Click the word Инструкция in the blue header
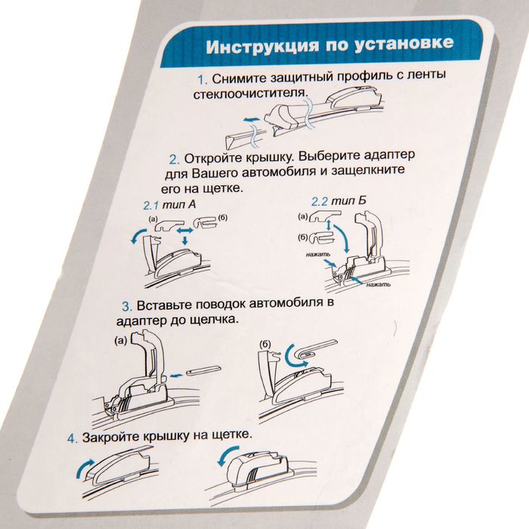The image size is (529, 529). click(262, 46)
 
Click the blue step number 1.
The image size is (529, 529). click(203, 80)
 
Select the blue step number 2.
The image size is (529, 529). click(175, 159)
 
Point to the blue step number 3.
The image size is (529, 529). click(127, 306)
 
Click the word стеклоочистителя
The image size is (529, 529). click(251, 94)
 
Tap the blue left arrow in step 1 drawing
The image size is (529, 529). click(252, 119)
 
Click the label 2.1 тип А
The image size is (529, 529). click(169, 205)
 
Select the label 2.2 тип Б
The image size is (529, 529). click(339, 202)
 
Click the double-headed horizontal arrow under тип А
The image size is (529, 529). click(185, 230)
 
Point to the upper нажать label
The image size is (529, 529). click(318, 254)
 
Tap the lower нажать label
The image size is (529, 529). click(379, 285)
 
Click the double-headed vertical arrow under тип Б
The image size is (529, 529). click(327, 226)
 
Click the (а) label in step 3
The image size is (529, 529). click(121, 340)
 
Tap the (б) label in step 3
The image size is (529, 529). click(266, 344)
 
